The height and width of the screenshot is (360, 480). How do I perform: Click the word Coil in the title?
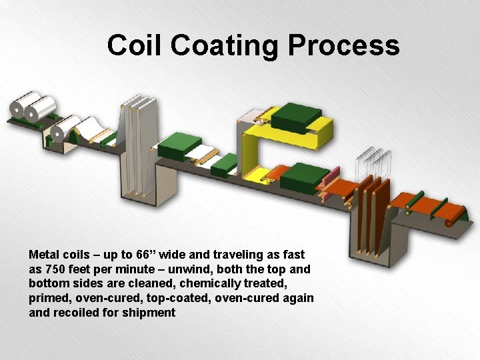click(x=135, y=45)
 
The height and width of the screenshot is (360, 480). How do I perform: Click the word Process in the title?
click(x=343, y=45)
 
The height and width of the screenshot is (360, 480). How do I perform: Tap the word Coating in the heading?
click(x=227, y=45)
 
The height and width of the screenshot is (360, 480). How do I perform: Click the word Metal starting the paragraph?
click(x=45, y=254)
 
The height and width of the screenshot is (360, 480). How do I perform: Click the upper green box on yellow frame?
click(x=296, y=116)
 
